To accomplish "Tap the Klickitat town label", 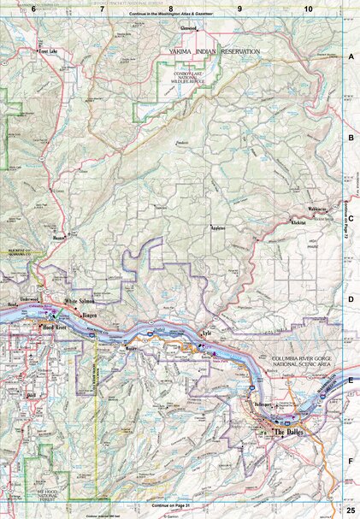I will pos(299,222).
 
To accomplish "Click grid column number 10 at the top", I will pos(308,9).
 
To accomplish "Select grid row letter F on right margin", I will pos(351,461).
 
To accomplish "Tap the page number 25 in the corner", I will pos(350,510).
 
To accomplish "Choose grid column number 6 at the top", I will pos(33,9).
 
